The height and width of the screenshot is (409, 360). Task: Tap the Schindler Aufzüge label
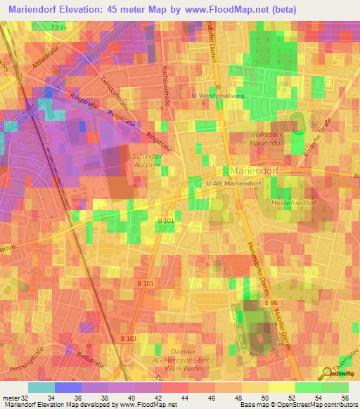(x=146, y=160)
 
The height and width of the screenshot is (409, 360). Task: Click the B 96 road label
(x=271, y=302)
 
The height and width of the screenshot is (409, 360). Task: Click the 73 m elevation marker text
(x=60, y=27)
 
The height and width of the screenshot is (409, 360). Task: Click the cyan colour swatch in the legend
(x=41, y=387)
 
